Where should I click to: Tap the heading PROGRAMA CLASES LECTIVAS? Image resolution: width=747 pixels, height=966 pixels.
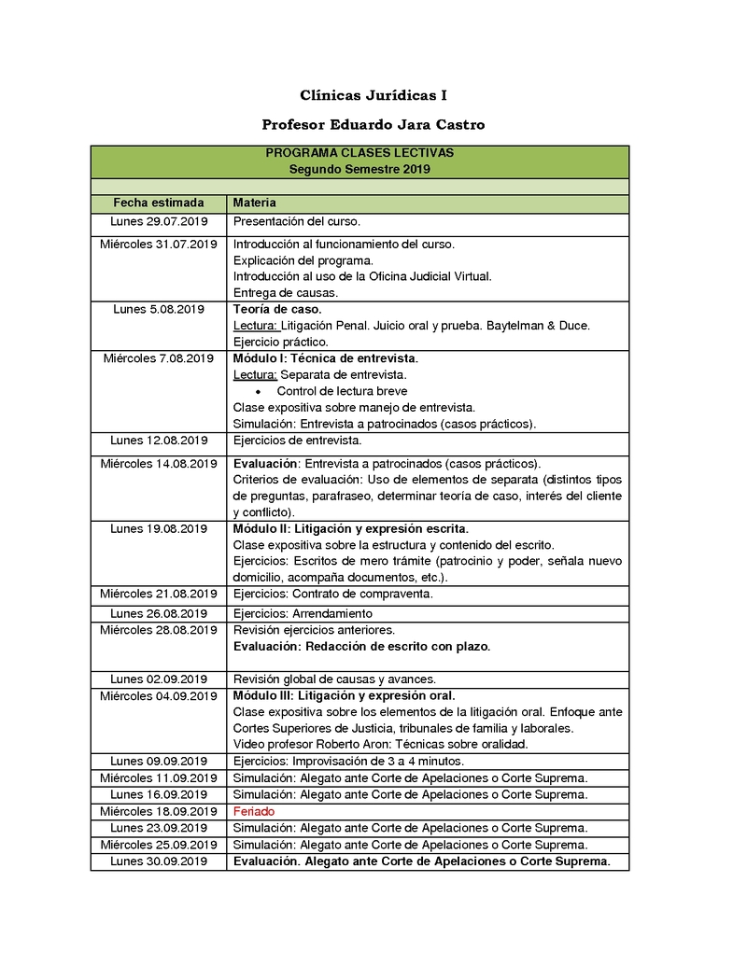359,153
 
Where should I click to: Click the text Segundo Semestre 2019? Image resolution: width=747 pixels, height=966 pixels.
359,170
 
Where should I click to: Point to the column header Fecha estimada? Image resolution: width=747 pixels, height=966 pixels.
159,203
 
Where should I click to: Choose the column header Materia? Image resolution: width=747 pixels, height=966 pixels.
254,203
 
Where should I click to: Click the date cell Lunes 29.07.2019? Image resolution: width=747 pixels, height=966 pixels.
159,222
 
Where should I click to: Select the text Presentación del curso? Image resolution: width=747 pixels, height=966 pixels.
296,222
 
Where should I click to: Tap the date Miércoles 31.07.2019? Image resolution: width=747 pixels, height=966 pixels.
159,245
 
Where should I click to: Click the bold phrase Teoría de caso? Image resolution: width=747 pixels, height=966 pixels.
277,309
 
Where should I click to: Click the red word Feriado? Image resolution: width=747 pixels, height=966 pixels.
254,812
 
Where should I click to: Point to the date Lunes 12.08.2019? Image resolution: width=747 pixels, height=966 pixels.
159,441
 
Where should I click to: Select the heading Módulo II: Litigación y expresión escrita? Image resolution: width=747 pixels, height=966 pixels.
350,529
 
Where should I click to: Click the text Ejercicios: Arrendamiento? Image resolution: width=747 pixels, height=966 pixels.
303,614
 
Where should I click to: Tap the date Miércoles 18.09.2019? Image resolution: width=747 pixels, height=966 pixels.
159,812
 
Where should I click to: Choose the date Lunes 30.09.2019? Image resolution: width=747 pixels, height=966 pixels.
159,861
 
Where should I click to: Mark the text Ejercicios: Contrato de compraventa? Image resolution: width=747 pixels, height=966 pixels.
332,594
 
